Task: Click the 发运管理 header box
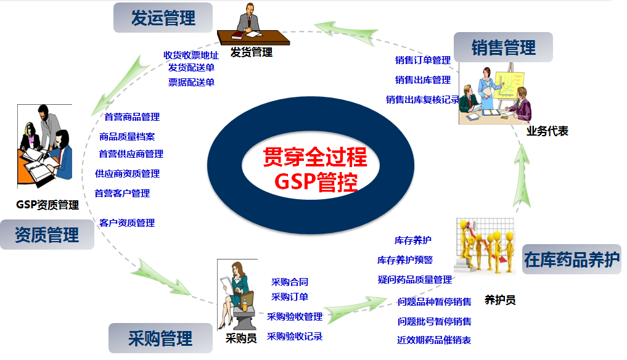[163, 18]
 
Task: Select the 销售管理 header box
[503, 47]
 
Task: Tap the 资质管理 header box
[47, 234]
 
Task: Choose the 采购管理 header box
[160, 338]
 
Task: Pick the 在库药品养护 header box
[572, 259]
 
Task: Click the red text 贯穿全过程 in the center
[315, 157]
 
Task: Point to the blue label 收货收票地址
[191, 55]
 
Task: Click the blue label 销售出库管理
[423, 80]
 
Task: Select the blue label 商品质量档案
[127, 137]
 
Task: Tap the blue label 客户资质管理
[127, 223]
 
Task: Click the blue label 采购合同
[290, 282]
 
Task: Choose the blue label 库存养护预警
[405, 260]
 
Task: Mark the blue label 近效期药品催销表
[434, 340]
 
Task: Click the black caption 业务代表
[547, 131]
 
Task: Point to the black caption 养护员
[500, 300]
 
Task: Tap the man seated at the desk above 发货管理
[248, 19]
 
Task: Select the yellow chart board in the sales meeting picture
[509, 86]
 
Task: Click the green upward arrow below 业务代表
[522, 176]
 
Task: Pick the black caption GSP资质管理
[47, 205]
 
